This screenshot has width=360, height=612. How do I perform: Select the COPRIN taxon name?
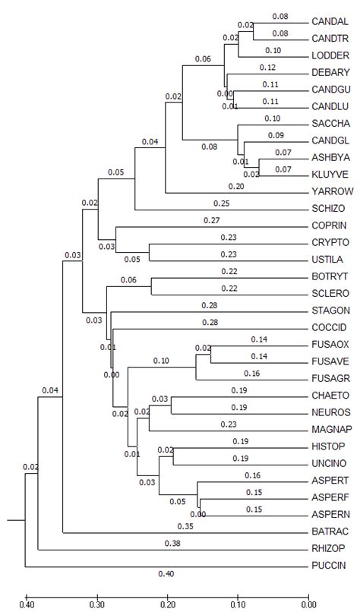click(329, 226)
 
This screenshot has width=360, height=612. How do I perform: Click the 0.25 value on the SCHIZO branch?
click(220, 203)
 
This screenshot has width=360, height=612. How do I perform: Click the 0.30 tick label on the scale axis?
click(96, 604)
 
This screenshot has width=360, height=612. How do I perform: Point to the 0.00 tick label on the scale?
click(307, 604)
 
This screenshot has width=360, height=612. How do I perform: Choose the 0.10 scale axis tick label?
click(237, 604)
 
